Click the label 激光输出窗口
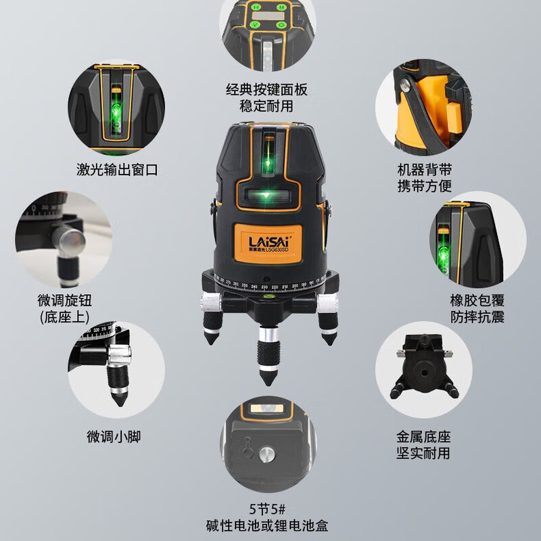tap(117, 170)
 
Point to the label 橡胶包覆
tap(477, 300)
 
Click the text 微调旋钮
tap(66, 300)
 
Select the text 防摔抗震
tap(477, 317)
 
